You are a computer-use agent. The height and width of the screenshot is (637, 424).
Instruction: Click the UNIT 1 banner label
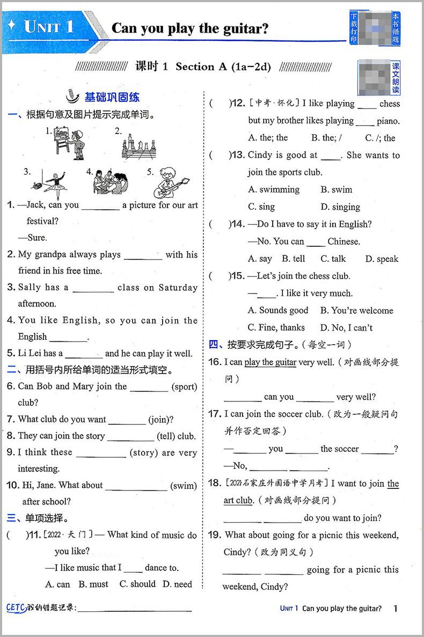click(49, 27)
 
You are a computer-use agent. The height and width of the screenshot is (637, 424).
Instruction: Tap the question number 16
click(215, 362)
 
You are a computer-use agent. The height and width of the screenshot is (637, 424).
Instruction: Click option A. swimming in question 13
click(274, 189)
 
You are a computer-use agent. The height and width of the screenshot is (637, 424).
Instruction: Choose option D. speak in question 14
click(382, 259)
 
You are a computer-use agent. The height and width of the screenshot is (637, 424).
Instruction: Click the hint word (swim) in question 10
click(184, 486)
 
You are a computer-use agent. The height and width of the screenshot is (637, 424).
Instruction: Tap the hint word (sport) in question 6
click(184, 386)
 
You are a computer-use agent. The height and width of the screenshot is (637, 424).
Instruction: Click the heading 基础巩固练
click(112, 97)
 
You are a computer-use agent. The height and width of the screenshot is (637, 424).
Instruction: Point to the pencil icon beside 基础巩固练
click(71, 96)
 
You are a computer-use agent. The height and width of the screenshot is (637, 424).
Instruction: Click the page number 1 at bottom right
click(396, 608)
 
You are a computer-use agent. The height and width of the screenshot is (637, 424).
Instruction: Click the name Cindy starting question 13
click(260, 155)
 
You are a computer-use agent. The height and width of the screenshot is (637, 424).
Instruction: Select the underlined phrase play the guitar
click(271, 362)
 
